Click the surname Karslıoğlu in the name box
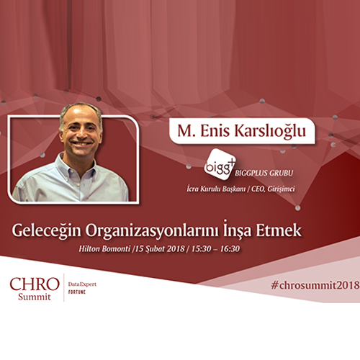[270, 132]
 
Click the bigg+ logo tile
[220, 164]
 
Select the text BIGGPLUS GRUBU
[264, 173]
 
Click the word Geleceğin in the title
[46, 231]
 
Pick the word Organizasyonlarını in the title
[152, 231]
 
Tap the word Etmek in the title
[279, 230]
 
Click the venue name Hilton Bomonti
[104, 248]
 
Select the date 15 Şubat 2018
[161, 249]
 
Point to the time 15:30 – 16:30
[215, 249]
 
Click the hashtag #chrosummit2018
[315, 285]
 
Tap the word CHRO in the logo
[35, 284]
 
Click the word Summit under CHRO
[35, 297]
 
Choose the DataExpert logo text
[82, 284]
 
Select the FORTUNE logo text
[77, 292]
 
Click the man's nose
[82, 135]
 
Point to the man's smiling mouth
[82, 144]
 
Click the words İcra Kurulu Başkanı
[216, 189]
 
